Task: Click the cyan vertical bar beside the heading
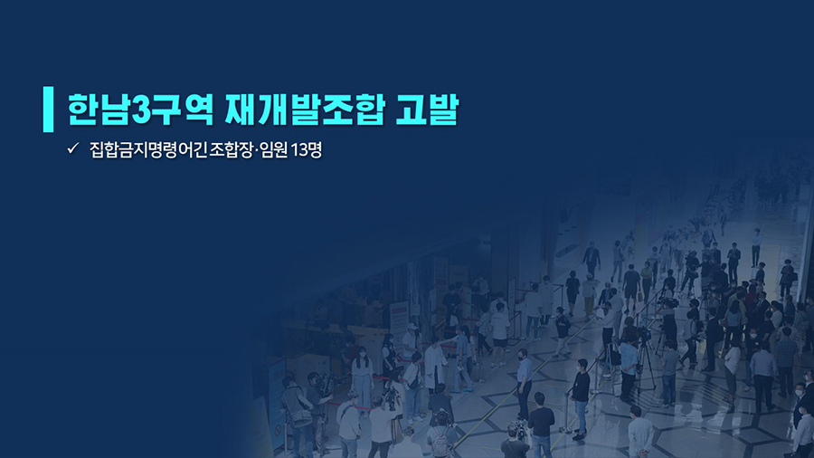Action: click(48, 109)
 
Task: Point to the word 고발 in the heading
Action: click(427, 110)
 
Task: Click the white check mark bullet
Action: click(72, 148)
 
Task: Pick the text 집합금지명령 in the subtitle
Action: click(134, 149)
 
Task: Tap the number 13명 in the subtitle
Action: click(307, 149)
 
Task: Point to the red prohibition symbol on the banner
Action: click(279, 430)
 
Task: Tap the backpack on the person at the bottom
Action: click(440, 442)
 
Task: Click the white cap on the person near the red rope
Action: click(412, 327)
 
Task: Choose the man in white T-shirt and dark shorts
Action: click(499, 334)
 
